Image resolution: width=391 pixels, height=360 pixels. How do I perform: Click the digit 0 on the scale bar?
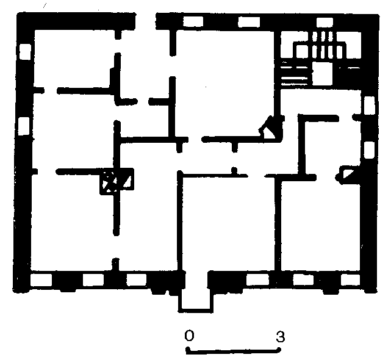click(x=189, y=336)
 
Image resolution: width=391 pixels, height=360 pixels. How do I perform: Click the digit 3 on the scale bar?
click(x=280, y=337)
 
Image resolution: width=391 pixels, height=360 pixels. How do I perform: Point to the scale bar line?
click(x=234, y=350)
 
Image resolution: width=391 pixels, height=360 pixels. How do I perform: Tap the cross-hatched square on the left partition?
click(x=110, y=181)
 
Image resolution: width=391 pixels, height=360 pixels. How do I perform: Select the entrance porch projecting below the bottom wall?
click(x=196, y=300)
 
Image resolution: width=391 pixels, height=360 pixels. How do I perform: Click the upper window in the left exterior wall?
click(x=25, y=52)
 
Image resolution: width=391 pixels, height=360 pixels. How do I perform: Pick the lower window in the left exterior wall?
click(x=24, y=126)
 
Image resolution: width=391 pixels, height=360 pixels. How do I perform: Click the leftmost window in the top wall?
click(x=193, y=21)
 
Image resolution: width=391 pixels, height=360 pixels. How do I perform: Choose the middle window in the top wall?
click(x=249, y=22)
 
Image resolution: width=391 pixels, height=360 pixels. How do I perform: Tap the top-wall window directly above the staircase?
click(x=325, y=22)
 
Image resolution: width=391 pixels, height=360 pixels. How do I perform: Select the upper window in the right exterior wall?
click(x=369, y=106)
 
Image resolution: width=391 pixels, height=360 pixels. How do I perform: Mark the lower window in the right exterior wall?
click(x=369, y=150)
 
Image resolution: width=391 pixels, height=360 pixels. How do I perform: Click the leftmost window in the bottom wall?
click(x=41, y=280)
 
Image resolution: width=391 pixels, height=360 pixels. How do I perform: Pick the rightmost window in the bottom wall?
click(x=350, y=279)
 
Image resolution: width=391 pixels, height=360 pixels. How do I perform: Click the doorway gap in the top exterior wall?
click(x=146, y=21)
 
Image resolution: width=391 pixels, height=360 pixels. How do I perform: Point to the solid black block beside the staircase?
click(x=350, y=77)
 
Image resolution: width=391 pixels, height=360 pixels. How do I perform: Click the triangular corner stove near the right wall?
click(x=345, y=175)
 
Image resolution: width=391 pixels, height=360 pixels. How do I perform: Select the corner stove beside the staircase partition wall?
click(x=271, y=128)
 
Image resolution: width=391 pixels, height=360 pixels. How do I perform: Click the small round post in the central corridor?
click(x=234, y=170)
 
